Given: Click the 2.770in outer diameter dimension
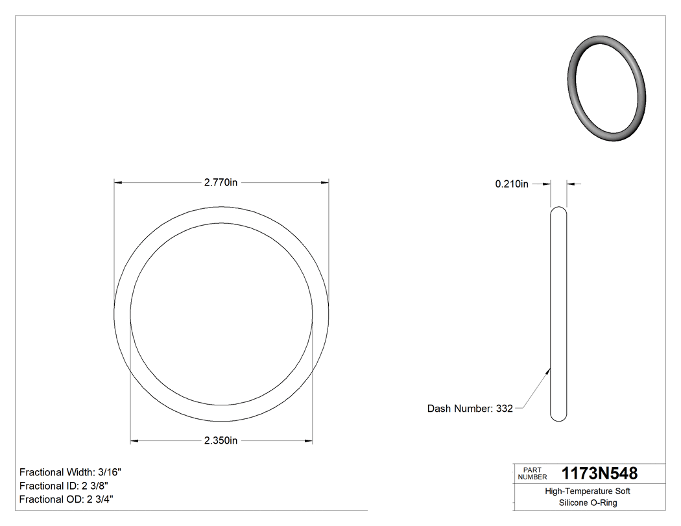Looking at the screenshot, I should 221,183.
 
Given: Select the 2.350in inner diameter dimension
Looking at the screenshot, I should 221,441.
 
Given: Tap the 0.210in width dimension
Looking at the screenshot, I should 512,184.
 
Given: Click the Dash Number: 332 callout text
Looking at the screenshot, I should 470,409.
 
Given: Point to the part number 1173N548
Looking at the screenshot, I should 599,473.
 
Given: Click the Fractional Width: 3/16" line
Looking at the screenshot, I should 70,473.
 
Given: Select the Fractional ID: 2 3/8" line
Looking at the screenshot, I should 64,486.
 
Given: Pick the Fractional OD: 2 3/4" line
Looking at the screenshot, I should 67,499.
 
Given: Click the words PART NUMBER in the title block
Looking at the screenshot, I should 532,473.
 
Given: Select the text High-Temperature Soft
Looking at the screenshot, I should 588,492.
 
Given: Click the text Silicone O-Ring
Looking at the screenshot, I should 588,503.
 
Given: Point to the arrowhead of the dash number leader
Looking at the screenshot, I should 549,371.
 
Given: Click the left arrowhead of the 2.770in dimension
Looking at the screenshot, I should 118,183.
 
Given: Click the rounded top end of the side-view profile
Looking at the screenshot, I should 558,209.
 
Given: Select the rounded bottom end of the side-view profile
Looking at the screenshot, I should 558,417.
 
